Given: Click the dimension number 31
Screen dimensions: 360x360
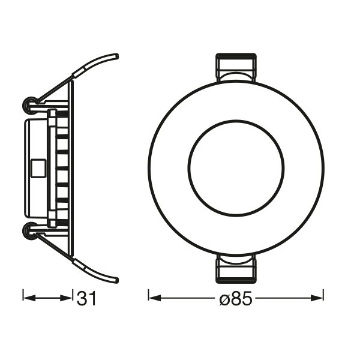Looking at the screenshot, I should pos(86,298).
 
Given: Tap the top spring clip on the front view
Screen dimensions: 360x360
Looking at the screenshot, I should pos(236,67).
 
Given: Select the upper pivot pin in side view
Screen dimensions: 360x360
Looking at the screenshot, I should pos(28,106).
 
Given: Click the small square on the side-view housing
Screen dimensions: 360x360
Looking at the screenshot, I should pos(35,166).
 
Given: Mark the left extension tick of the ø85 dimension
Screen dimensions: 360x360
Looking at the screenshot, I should pos(148,296).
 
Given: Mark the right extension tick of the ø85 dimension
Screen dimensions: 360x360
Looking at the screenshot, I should pos(324,296).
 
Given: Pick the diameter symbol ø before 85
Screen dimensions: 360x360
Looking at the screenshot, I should pos(223,298).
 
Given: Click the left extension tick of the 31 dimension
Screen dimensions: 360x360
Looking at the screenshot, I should pos(23,296).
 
